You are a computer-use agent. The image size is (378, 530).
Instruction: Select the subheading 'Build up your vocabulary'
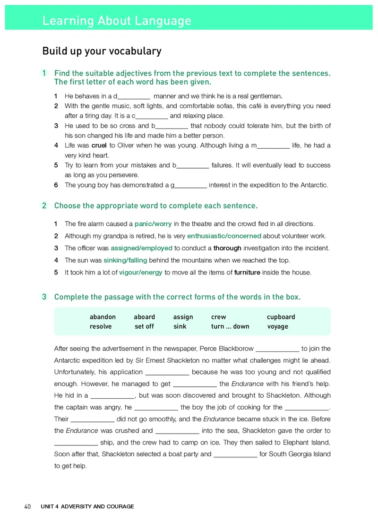pyautogui.click(x=102, y=51)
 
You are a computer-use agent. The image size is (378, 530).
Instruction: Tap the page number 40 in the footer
pyautogui.click(x=27, y=506)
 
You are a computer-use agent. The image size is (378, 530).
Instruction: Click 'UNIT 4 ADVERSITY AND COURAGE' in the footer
pyautogui.click(x=87, y=506)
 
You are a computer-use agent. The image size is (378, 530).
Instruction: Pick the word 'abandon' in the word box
pyautogui.click(x=103, y=317)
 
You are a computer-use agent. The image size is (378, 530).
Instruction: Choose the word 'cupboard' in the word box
pyautogui.click(x=281, y=317)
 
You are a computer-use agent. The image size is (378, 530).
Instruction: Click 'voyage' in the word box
pyautogui.click(x=277, y=326)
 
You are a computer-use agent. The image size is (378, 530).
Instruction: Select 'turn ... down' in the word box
pyautogui.click(x=230, y=326)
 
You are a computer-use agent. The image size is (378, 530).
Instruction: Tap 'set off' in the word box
pyautogui.click(x=144, y=326)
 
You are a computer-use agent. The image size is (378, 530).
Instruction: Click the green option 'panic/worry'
pyautogui.click(x=153, y=223)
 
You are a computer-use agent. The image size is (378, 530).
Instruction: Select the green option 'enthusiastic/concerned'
pyautogui.click(x=224, y=236)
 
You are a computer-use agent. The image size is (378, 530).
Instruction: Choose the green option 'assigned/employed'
pyautogui.click(x=141, y=248)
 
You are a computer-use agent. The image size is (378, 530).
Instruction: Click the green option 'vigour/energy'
pyautogui.click(x=140, y=273)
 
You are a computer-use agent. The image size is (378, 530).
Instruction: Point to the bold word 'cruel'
pyautogui.click(x=99, y=145)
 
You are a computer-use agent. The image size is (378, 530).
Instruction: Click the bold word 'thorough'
pyautogui.click(x=227, y=248)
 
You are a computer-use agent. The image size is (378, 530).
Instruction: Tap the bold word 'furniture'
pyautogui.click(x=247, y=273)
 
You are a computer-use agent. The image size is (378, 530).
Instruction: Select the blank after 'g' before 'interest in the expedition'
pyautogui.click(x=191, y=185)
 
